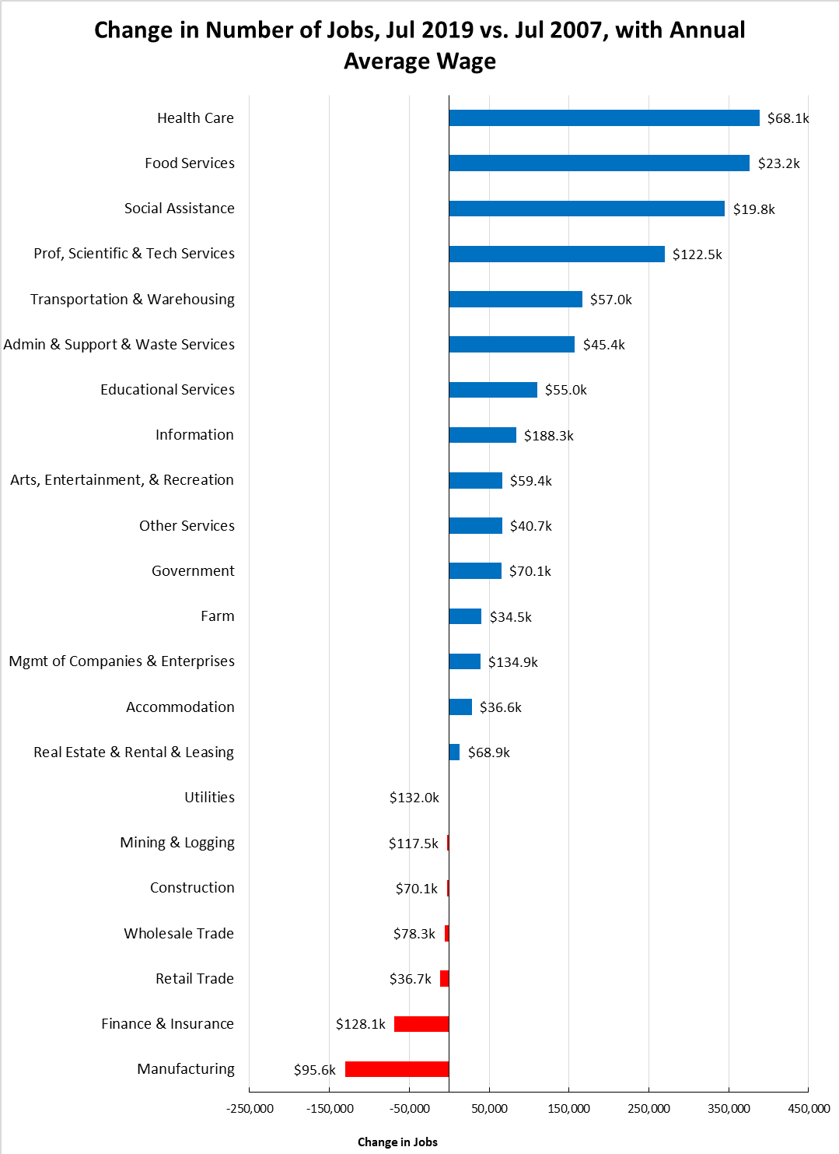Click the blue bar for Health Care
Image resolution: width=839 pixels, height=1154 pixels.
pyautogui.click(x=603, y=118)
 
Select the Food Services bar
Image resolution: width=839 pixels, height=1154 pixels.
pyautogui.click(x=599, y=163)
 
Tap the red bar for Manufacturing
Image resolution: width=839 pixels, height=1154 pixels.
pyautogui.click(x=397, y=1069)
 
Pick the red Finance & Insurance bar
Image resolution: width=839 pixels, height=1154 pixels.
pyautogui.click(x=421, y=1024)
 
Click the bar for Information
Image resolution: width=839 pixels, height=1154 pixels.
pyautogui.click(x=482, y=435)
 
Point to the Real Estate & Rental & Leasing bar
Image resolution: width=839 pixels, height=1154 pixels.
pyautogui.click(x=454, y=752)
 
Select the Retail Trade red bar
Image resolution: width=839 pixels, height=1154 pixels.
pyautogui.click(x=445, y=979)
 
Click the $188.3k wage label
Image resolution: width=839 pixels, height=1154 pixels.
pyautogui.click(x=548, y=436)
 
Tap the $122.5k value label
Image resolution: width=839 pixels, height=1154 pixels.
pyautogui.click(x=697, y=254)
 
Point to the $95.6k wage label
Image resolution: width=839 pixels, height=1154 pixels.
pyautogui.click(x=314, y=1070)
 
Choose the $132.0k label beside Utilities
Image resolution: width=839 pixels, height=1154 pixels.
pyautogui.click(x=414, y=798)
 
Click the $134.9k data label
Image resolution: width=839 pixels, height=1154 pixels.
pyautogui.click(x=512, y=662)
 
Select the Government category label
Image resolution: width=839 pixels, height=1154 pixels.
pyautogui.click(x=193, y=571)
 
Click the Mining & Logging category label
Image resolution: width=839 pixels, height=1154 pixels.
pyautogui.click(x=177, y=843)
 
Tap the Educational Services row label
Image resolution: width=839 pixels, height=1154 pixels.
pyautogui.click(x=167, y=390)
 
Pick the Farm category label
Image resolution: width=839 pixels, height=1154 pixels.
pyautogui.click(x=217, y=616)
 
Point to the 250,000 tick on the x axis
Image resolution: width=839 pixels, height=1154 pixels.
pyautogui.click(x=648, y=1108)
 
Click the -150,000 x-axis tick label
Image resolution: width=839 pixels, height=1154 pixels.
pyautogui.click(x=330, y=1108)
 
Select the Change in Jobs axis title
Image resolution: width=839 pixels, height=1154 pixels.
pyautogui.click(x=397, y=1142)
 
